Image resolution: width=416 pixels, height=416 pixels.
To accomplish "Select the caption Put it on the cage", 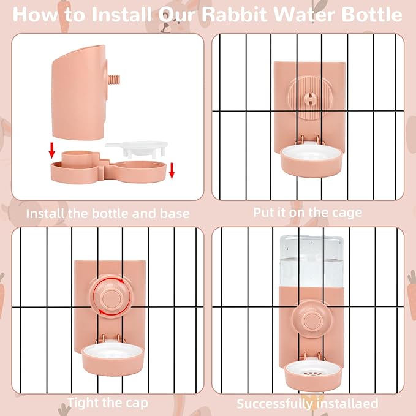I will [308, 212].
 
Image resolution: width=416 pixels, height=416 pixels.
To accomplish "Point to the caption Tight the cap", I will [107, 403].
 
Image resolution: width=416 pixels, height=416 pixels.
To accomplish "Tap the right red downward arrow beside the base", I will [172, 170].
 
